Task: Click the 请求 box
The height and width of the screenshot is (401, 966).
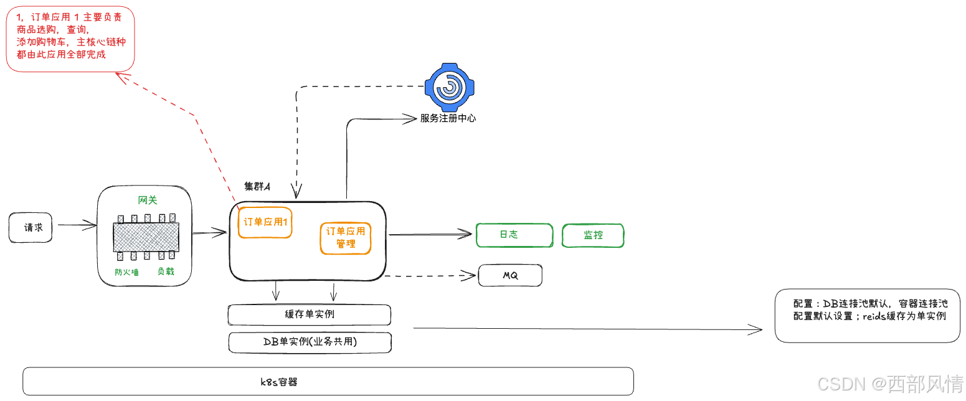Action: point(31,227)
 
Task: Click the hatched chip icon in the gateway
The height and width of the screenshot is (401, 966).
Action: point(146,237)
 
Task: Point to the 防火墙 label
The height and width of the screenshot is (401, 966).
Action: point(126,272)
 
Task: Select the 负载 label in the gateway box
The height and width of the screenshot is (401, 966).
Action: point(166,271)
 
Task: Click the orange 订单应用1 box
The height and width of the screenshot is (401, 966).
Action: point(265,222)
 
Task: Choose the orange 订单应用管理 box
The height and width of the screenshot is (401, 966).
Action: point(346,237)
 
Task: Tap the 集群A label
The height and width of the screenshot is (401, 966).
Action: point(257,187)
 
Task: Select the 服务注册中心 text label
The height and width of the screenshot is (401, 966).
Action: point(448,118)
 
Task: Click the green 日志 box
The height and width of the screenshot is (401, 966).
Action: point(514,235)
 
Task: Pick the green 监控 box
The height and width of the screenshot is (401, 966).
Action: point(592,235)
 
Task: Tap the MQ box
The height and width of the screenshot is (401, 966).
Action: point(510,275)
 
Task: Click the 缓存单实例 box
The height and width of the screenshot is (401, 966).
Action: point(309,314)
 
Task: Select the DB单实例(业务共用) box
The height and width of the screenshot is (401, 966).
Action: point(310,342)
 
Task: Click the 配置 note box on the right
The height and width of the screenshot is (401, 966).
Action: point(867,314)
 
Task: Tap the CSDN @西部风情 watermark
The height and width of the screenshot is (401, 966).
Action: point(889,384)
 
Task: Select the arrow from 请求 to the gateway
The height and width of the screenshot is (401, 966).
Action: point(77,225)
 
